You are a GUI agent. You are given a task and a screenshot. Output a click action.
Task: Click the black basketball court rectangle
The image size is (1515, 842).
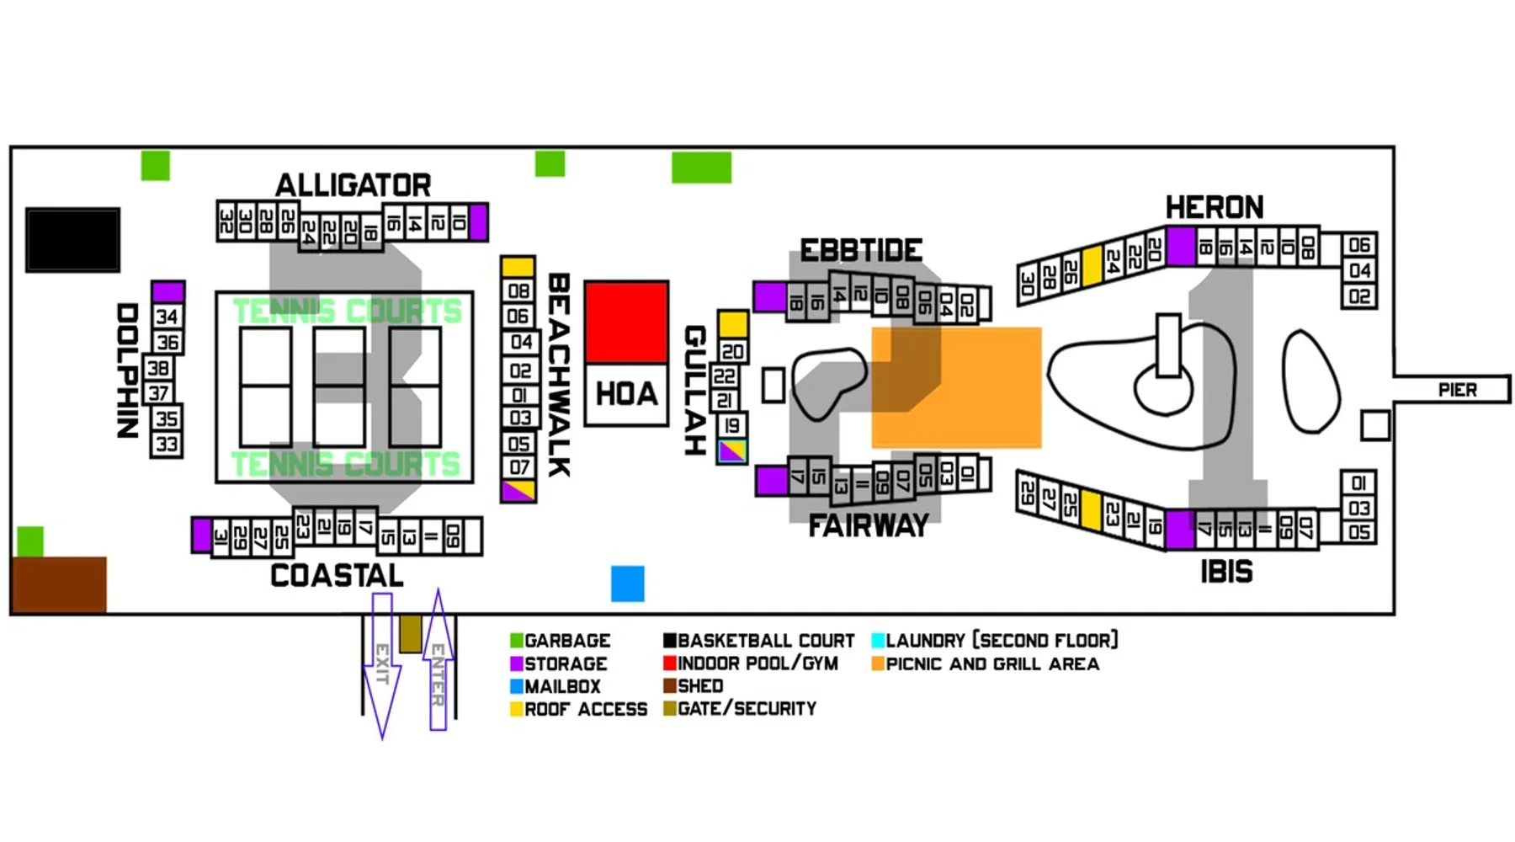pos(72,240)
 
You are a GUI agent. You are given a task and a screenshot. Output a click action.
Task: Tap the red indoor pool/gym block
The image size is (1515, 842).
pos(626,322)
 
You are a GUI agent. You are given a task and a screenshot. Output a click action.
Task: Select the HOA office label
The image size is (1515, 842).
pos(626,394)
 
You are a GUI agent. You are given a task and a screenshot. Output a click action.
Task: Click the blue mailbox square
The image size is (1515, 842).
pos(627,584)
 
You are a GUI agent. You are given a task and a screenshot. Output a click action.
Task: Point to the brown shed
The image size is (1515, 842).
pos(59,584)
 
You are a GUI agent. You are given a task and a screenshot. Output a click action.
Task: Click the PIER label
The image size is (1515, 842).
pos(1457,390)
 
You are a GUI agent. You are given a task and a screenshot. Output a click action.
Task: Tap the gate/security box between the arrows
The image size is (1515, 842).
pos(410,634)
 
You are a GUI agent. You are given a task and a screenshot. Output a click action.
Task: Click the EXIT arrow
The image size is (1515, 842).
pos(382,665)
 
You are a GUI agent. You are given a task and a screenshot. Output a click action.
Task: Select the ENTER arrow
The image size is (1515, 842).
pos(438,661)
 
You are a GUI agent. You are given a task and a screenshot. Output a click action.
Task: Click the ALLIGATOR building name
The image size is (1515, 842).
pos(353,185)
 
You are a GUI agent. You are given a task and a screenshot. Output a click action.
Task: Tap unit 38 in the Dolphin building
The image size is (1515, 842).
pos(158,368)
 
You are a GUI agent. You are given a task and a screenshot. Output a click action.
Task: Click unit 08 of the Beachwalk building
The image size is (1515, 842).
pos(518,291)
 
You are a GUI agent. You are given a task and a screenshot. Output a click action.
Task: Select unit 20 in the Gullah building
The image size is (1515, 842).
pos(732,351)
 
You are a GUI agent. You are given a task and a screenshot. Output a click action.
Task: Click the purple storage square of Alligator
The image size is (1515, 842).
pos(478,222)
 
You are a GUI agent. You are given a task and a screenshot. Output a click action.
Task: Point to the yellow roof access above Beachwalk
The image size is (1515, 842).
pos(518,267)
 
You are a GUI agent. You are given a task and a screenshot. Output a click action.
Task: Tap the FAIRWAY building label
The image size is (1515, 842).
pos(868,526)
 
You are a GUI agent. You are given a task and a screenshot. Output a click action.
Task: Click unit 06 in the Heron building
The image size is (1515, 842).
pos(1358,245)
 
